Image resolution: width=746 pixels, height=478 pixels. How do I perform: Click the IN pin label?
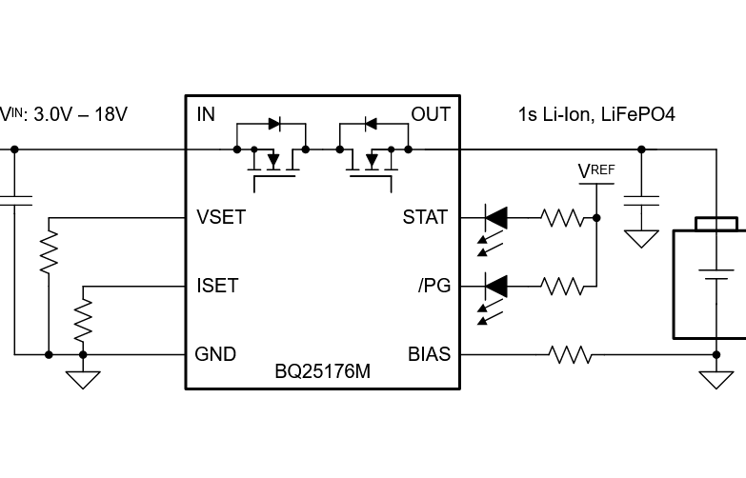[205, 115]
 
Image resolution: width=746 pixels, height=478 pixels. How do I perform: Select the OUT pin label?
[430, 115]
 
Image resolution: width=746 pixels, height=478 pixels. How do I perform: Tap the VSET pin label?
[220, 217]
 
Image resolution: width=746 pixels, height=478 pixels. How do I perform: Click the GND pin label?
[215, 354]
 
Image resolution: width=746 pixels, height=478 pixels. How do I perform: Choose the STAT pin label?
[425, 217]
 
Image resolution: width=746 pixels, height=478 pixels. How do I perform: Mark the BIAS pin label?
[428, 354]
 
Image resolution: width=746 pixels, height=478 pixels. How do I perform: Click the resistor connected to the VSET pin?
[48, 253]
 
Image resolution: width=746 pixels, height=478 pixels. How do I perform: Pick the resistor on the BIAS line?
[570, 355]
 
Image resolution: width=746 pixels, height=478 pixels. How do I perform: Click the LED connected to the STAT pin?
[495, 218]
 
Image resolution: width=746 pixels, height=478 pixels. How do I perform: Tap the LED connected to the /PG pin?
[495, 286]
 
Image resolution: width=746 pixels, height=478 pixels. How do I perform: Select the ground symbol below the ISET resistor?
[83, 378]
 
